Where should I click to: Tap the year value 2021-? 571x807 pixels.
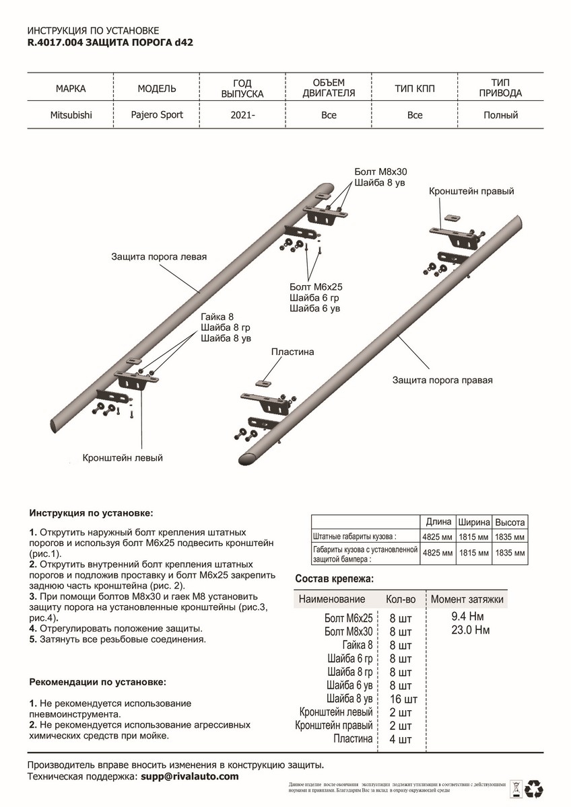242,115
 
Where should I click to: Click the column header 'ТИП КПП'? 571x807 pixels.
415,88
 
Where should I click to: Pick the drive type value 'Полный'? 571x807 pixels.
500,115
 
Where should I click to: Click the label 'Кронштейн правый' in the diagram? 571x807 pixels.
471,192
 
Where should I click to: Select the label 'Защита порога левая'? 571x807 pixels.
159,257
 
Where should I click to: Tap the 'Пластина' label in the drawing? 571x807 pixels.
293,352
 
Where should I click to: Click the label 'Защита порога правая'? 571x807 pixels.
443,380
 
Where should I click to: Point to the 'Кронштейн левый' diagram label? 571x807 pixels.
123,458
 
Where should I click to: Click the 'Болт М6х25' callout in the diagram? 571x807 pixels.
316,286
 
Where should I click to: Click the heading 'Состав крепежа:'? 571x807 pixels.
334,579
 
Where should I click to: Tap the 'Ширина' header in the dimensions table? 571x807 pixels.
473,523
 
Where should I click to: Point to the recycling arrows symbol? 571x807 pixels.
537,787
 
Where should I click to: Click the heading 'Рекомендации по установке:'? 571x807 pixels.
97,682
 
